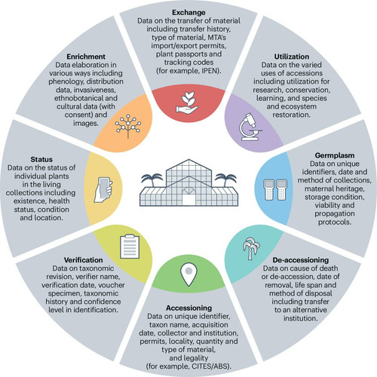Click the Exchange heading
click(x=188, y=12)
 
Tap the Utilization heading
click(x=292, y=57)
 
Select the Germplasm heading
click(x=335, y=155)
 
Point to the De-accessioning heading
click(x=301, y=260)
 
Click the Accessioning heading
click(x=188, y=308)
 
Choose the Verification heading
click(x=83, y=260)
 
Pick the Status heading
click(x=41, y=159)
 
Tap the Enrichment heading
click(x=86, y=57)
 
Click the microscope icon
click(x=250, y=127)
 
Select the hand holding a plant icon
click(x=187, y=103)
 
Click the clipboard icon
click(x=130, y=247)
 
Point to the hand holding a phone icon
click(x=103, y=190)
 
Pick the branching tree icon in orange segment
click(x=128, y=127)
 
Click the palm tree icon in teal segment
click(x=251, y=248)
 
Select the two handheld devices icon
click(x=275, y=190)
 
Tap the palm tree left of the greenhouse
click(x=152, y=180)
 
